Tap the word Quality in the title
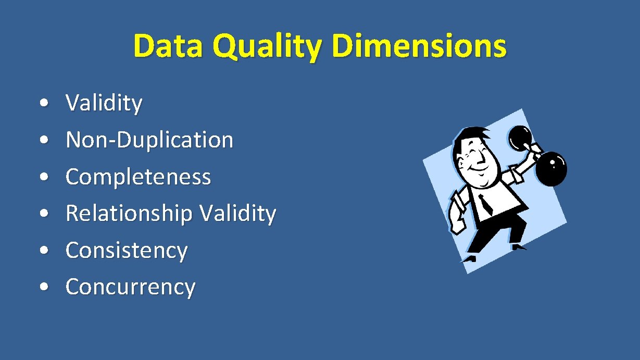[x=267, y=47]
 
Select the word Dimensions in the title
[x=419, y=46]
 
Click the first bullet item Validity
[x=104, y=103]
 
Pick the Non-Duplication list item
[x=149, y=140]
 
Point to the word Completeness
[x=138, y=177]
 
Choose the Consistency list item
[x=126, y=251]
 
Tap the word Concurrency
[x=130, y=287]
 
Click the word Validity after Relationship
[x=238, y=214]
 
